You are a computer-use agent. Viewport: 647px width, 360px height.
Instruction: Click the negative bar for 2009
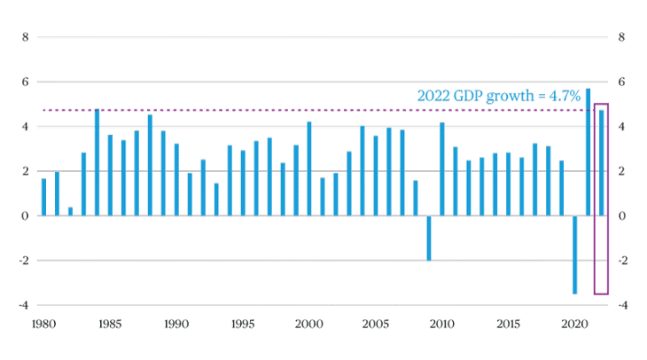(429, 238)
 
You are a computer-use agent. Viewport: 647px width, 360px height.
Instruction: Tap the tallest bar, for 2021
(588, 151)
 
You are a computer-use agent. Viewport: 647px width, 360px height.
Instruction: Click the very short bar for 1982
(70, 210)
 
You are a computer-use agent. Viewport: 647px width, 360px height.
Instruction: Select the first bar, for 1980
(43, 196)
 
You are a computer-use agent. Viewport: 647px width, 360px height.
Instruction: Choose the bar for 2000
(309, 168)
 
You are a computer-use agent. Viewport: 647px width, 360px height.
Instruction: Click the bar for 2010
(442, 168)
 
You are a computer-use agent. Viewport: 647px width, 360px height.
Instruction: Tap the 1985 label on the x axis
(109, 325)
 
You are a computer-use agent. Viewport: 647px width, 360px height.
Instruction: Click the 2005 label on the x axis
(375, 325)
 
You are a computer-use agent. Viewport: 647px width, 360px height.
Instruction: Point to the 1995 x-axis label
(242, 325)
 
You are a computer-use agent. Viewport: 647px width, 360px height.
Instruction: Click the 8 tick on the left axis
(26, 37)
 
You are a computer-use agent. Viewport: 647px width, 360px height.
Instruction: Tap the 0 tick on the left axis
(26, 215)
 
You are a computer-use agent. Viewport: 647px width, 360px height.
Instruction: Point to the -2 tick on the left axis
(24, 260)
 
